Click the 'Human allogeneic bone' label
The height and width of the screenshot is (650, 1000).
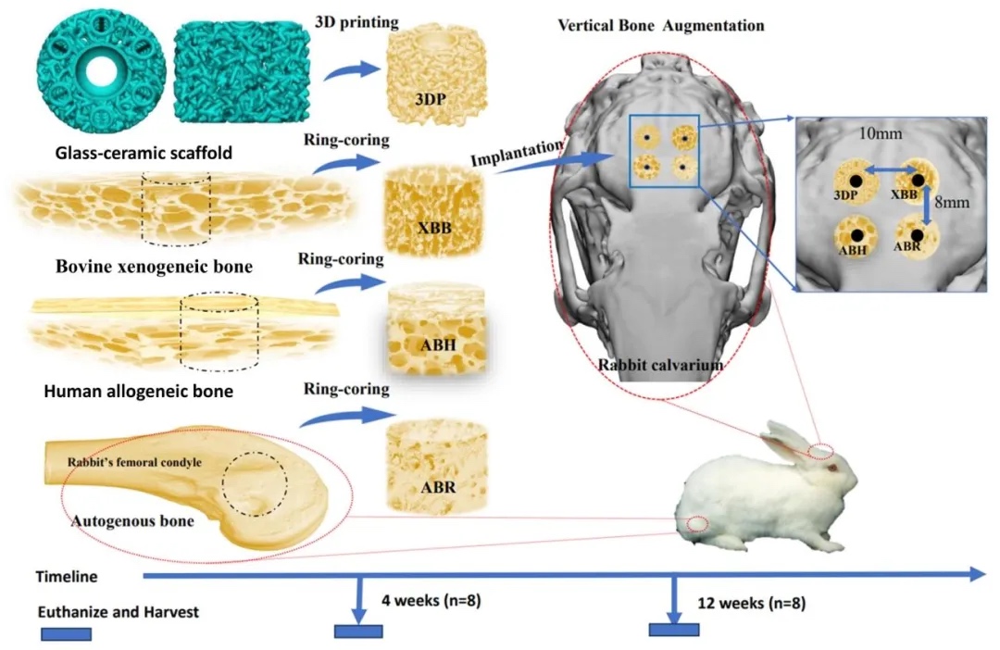tap(138, 392)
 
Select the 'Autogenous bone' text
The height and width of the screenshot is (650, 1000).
tap(132, 520)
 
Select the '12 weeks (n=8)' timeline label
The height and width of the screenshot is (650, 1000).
tap(751, 603)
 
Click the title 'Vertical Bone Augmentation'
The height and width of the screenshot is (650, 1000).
tap(660, 25)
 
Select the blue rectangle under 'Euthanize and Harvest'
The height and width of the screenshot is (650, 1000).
tap(66, 634)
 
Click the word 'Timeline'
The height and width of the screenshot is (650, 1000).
tap(67, 576)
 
